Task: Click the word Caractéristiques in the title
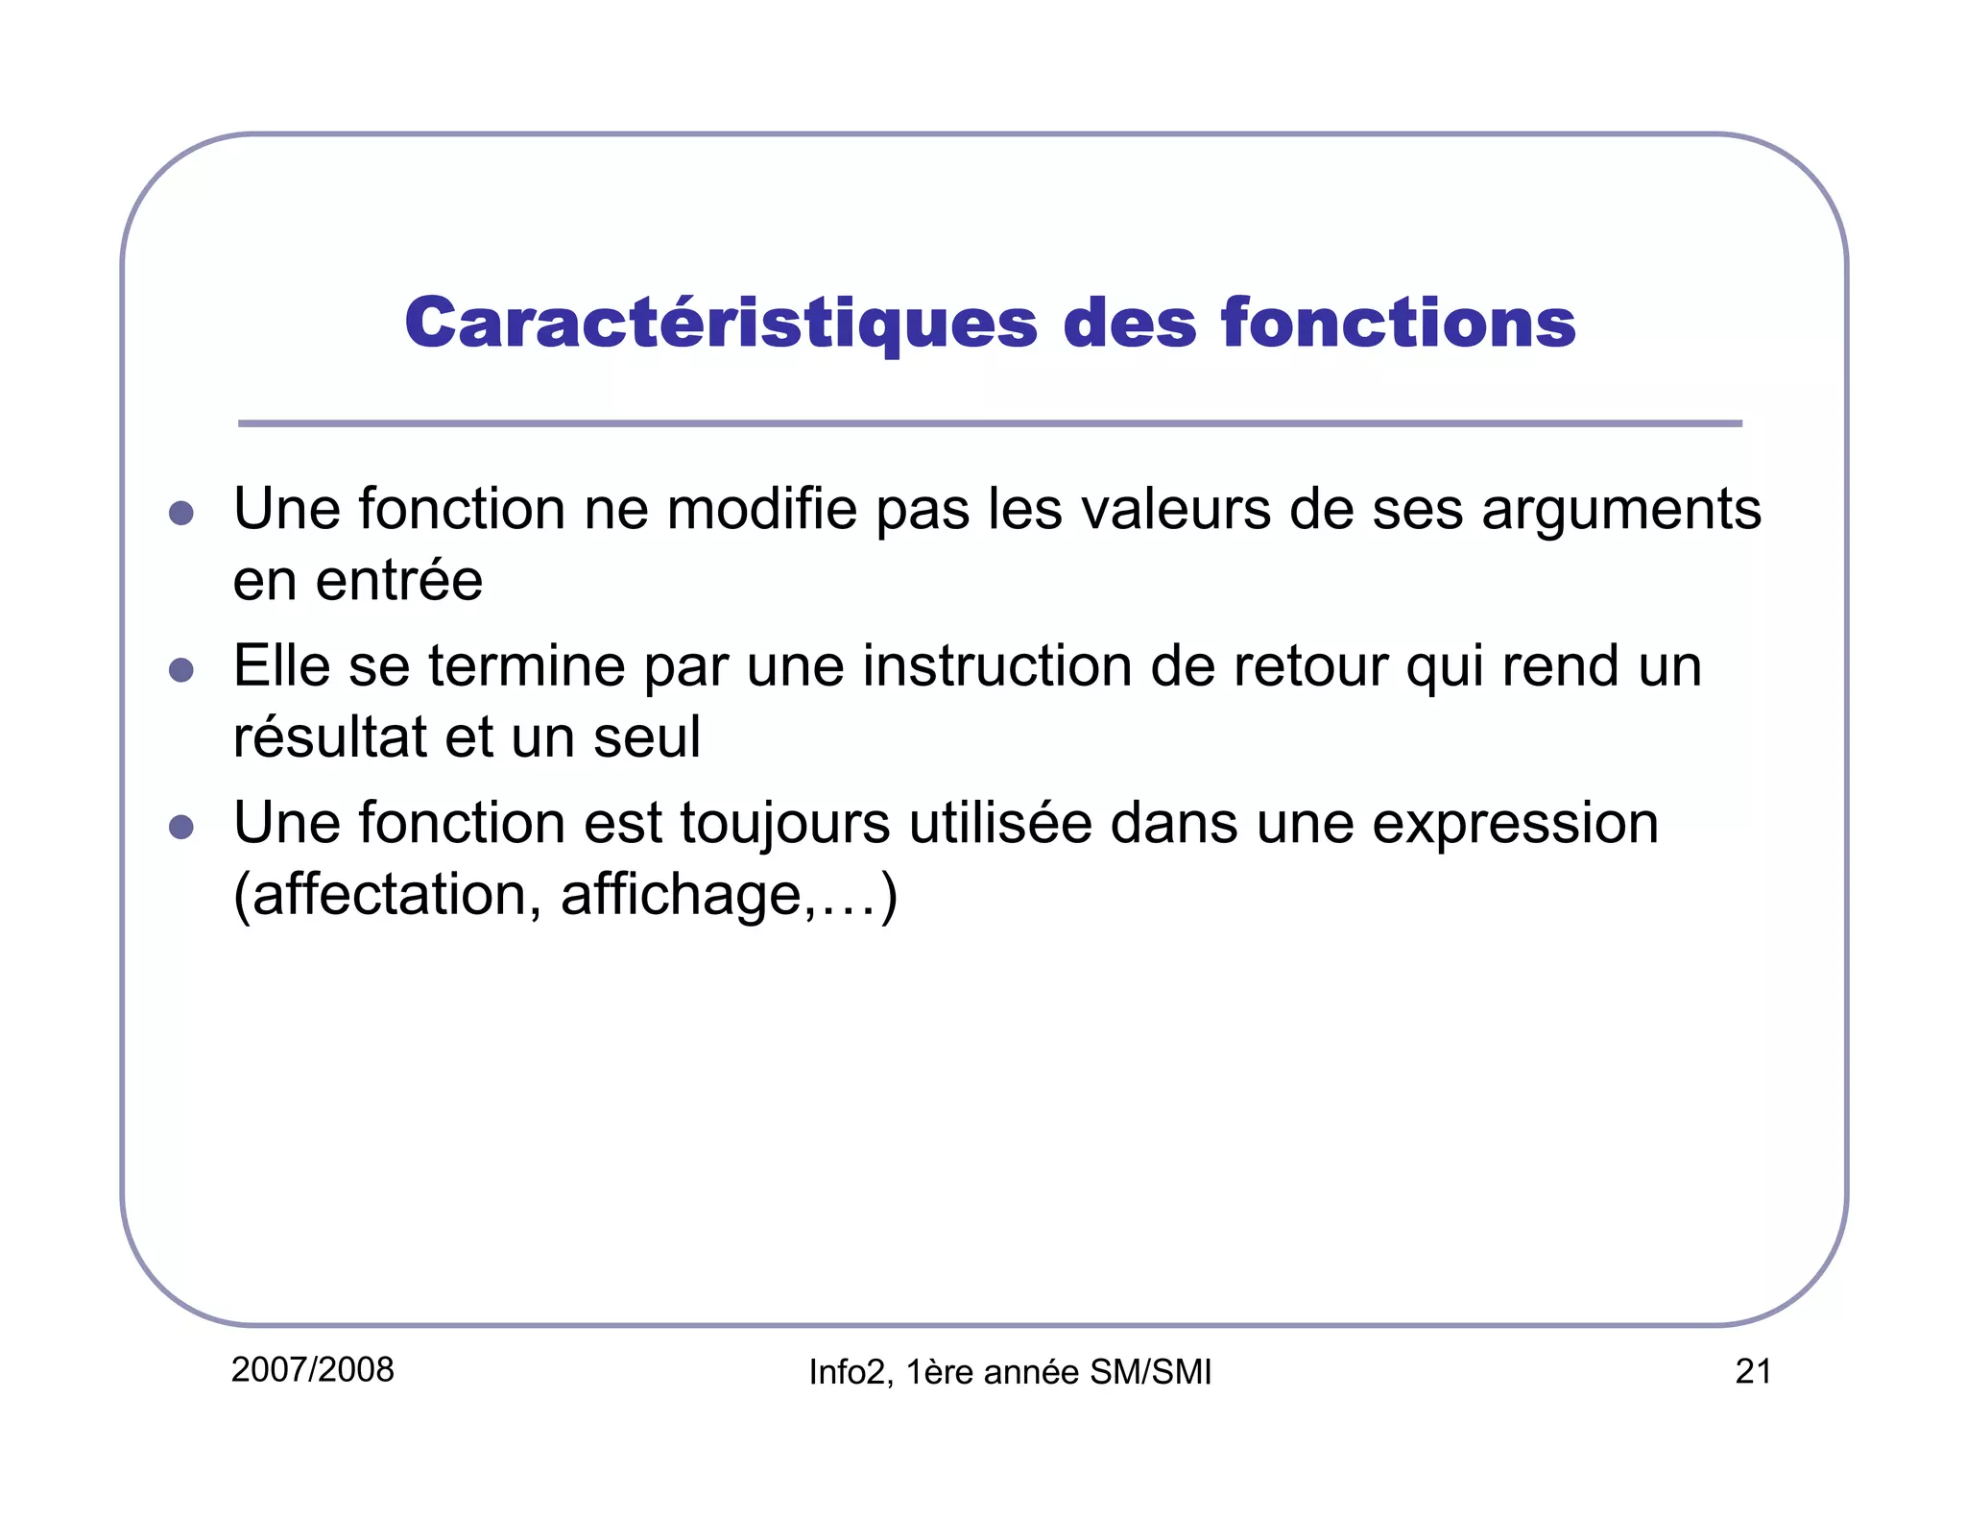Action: coord(721,324)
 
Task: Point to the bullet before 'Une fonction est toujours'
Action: coord(180,826)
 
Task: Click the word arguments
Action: coord(1621,511)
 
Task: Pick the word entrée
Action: coord(398,580)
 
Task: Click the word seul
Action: coord(646,737)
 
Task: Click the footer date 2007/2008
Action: coord(313,1370)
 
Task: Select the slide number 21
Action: coord(1753,1371)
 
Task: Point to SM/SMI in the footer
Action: coord(1151,1373)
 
